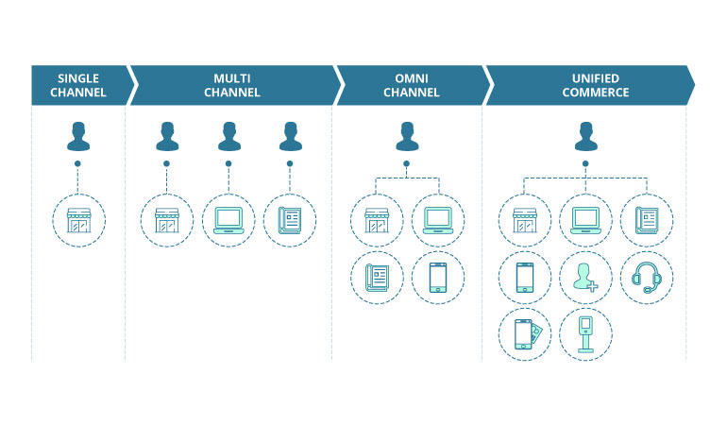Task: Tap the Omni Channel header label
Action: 411,85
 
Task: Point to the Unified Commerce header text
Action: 587,85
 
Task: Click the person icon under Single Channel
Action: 78,136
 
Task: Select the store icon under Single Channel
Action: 78,220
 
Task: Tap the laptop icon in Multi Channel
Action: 228,220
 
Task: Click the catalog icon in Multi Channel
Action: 290,220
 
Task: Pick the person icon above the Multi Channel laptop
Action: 228,136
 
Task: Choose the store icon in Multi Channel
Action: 166,220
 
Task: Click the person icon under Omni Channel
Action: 407,136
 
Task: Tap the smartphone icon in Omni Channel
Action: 437,277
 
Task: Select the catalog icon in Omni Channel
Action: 376,277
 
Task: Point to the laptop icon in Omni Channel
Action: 437,220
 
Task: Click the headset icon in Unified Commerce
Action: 646,278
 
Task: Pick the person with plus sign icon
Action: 585,278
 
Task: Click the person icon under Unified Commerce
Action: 585,136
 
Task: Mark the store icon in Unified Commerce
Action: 525,220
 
